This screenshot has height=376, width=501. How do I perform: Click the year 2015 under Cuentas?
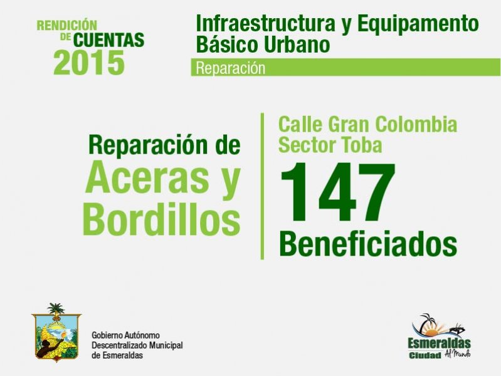click(x=89, y=62)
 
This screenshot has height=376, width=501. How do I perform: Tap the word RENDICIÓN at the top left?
click(x=66, y=25)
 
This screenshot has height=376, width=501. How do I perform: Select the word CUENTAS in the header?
click(x=108, y=40)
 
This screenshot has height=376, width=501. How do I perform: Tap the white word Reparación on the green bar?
click(x=230, y=68)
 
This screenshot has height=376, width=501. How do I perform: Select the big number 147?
click(x=338, y=192)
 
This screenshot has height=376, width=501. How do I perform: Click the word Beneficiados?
click(x=368, y=244)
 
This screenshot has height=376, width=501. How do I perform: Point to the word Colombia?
click(x=416, y=124)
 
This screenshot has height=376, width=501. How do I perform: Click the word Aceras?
click(x=147, y=177)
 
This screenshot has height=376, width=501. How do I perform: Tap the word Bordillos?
click(x=161, y=219)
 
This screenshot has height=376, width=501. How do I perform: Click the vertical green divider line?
click(x=262, y=186)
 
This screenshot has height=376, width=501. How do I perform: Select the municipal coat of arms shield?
click(x=56, y=336)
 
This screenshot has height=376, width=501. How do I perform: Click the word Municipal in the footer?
click(x=166, y=345)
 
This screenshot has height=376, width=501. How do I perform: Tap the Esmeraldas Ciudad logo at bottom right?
click(x=440, y=336)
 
